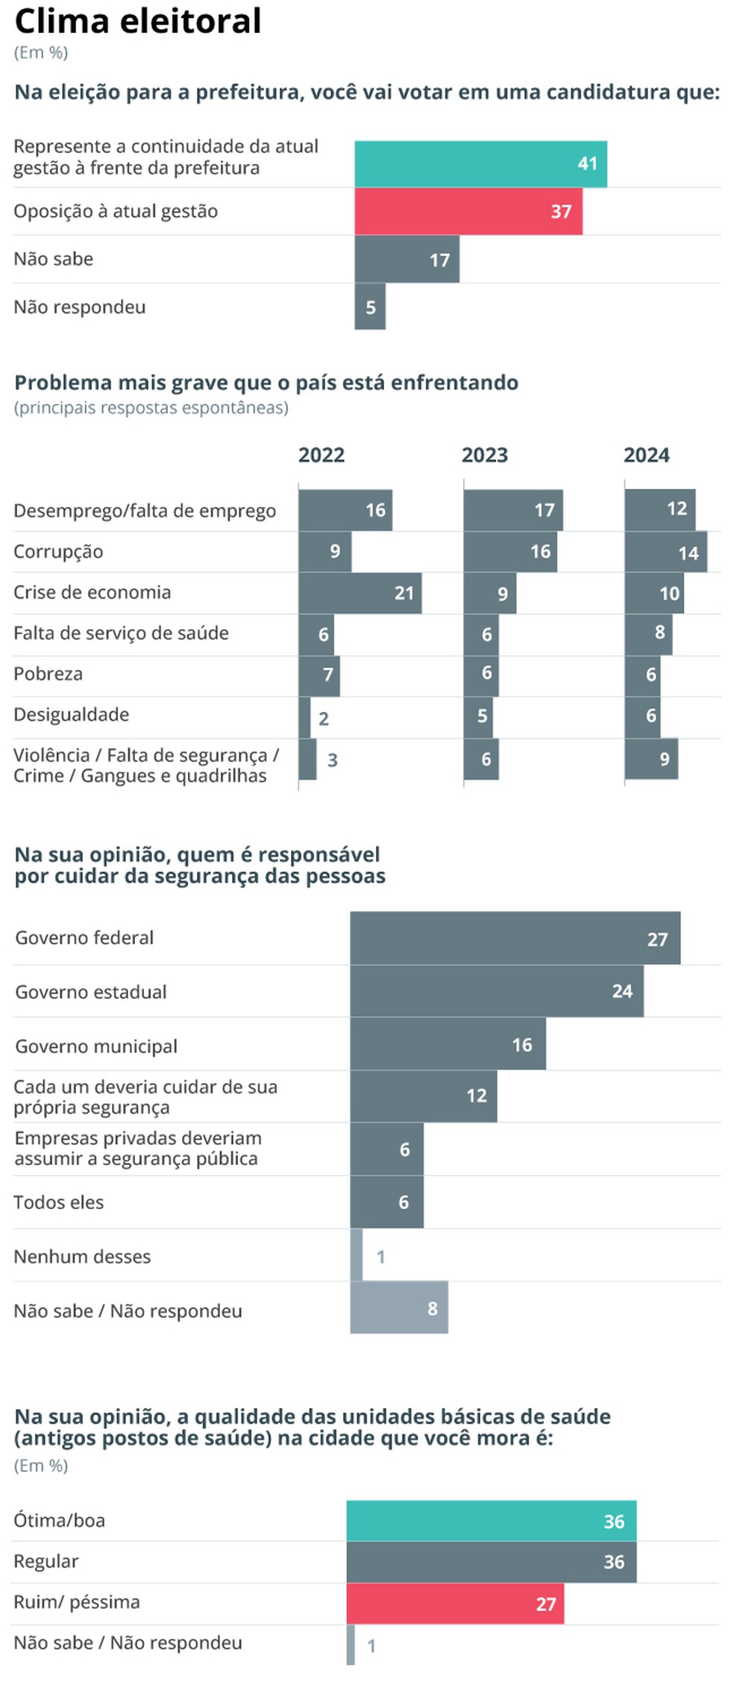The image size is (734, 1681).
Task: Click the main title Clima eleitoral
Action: pos(138,21)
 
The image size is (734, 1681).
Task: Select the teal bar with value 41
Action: pos(480,164)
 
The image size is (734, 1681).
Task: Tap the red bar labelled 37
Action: pos(468,212)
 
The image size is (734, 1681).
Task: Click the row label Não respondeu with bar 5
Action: pos(80,307)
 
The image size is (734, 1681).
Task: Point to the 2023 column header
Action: pos(484,455)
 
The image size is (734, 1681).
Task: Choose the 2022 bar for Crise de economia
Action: pos(360,593)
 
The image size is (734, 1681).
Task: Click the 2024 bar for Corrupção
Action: pos(665,552)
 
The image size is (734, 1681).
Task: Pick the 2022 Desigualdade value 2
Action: pos(324,719)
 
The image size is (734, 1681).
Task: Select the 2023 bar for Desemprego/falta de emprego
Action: pos(512,511)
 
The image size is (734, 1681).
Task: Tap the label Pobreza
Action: pos(48,674)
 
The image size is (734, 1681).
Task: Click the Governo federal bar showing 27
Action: pos(515,938)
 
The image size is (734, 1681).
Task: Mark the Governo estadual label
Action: pos(91,992)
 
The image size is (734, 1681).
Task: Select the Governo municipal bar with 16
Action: pos(448,1044)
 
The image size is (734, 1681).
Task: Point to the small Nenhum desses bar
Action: pos(357,1255)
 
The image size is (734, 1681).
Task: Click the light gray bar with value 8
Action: pos(399,1308)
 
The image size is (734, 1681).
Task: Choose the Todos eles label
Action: pos(59,1202)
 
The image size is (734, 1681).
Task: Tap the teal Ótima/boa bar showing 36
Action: pos(491,1521)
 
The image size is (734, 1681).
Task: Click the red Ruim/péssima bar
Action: pos(455,1603)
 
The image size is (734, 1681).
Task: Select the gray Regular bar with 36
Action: pos(491,1562)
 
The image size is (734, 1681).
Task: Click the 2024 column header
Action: pos(646,455)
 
